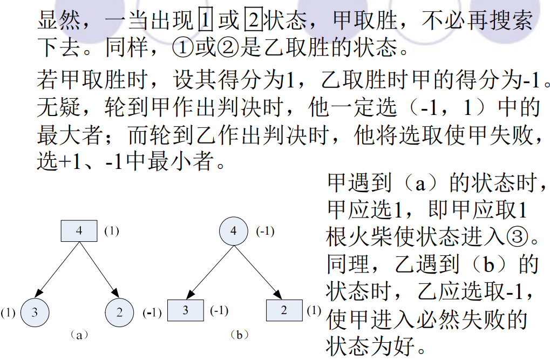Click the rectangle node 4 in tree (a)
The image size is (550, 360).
[79, 231]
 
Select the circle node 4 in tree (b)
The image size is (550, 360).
[234, 231]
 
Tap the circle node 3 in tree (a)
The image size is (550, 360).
[35, 313]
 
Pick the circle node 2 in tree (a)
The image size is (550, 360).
[119, 313]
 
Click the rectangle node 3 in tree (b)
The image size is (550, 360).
[186, 310]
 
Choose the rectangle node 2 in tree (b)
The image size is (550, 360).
[284, 310]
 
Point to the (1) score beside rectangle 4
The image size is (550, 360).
[112, 231]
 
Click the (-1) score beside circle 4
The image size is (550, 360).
[265, 231]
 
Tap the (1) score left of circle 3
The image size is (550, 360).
[8, 313]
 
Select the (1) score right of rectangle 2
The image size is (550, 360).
[314, 310]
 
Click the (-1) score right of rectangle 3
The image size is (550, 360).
[219, 310]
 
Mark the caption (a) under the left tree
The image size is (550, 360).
[79, 335]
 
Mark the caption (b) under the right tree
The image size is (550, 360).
[239, 335]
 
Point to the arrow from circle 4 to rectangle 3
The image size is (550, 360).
[210, 272]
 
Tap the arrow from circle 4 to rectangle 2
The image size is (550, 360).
[258, 272]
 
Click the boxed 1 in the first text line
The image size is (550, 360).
[206, 19]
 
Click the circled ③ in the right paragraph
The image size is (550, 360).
[518, 236]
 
